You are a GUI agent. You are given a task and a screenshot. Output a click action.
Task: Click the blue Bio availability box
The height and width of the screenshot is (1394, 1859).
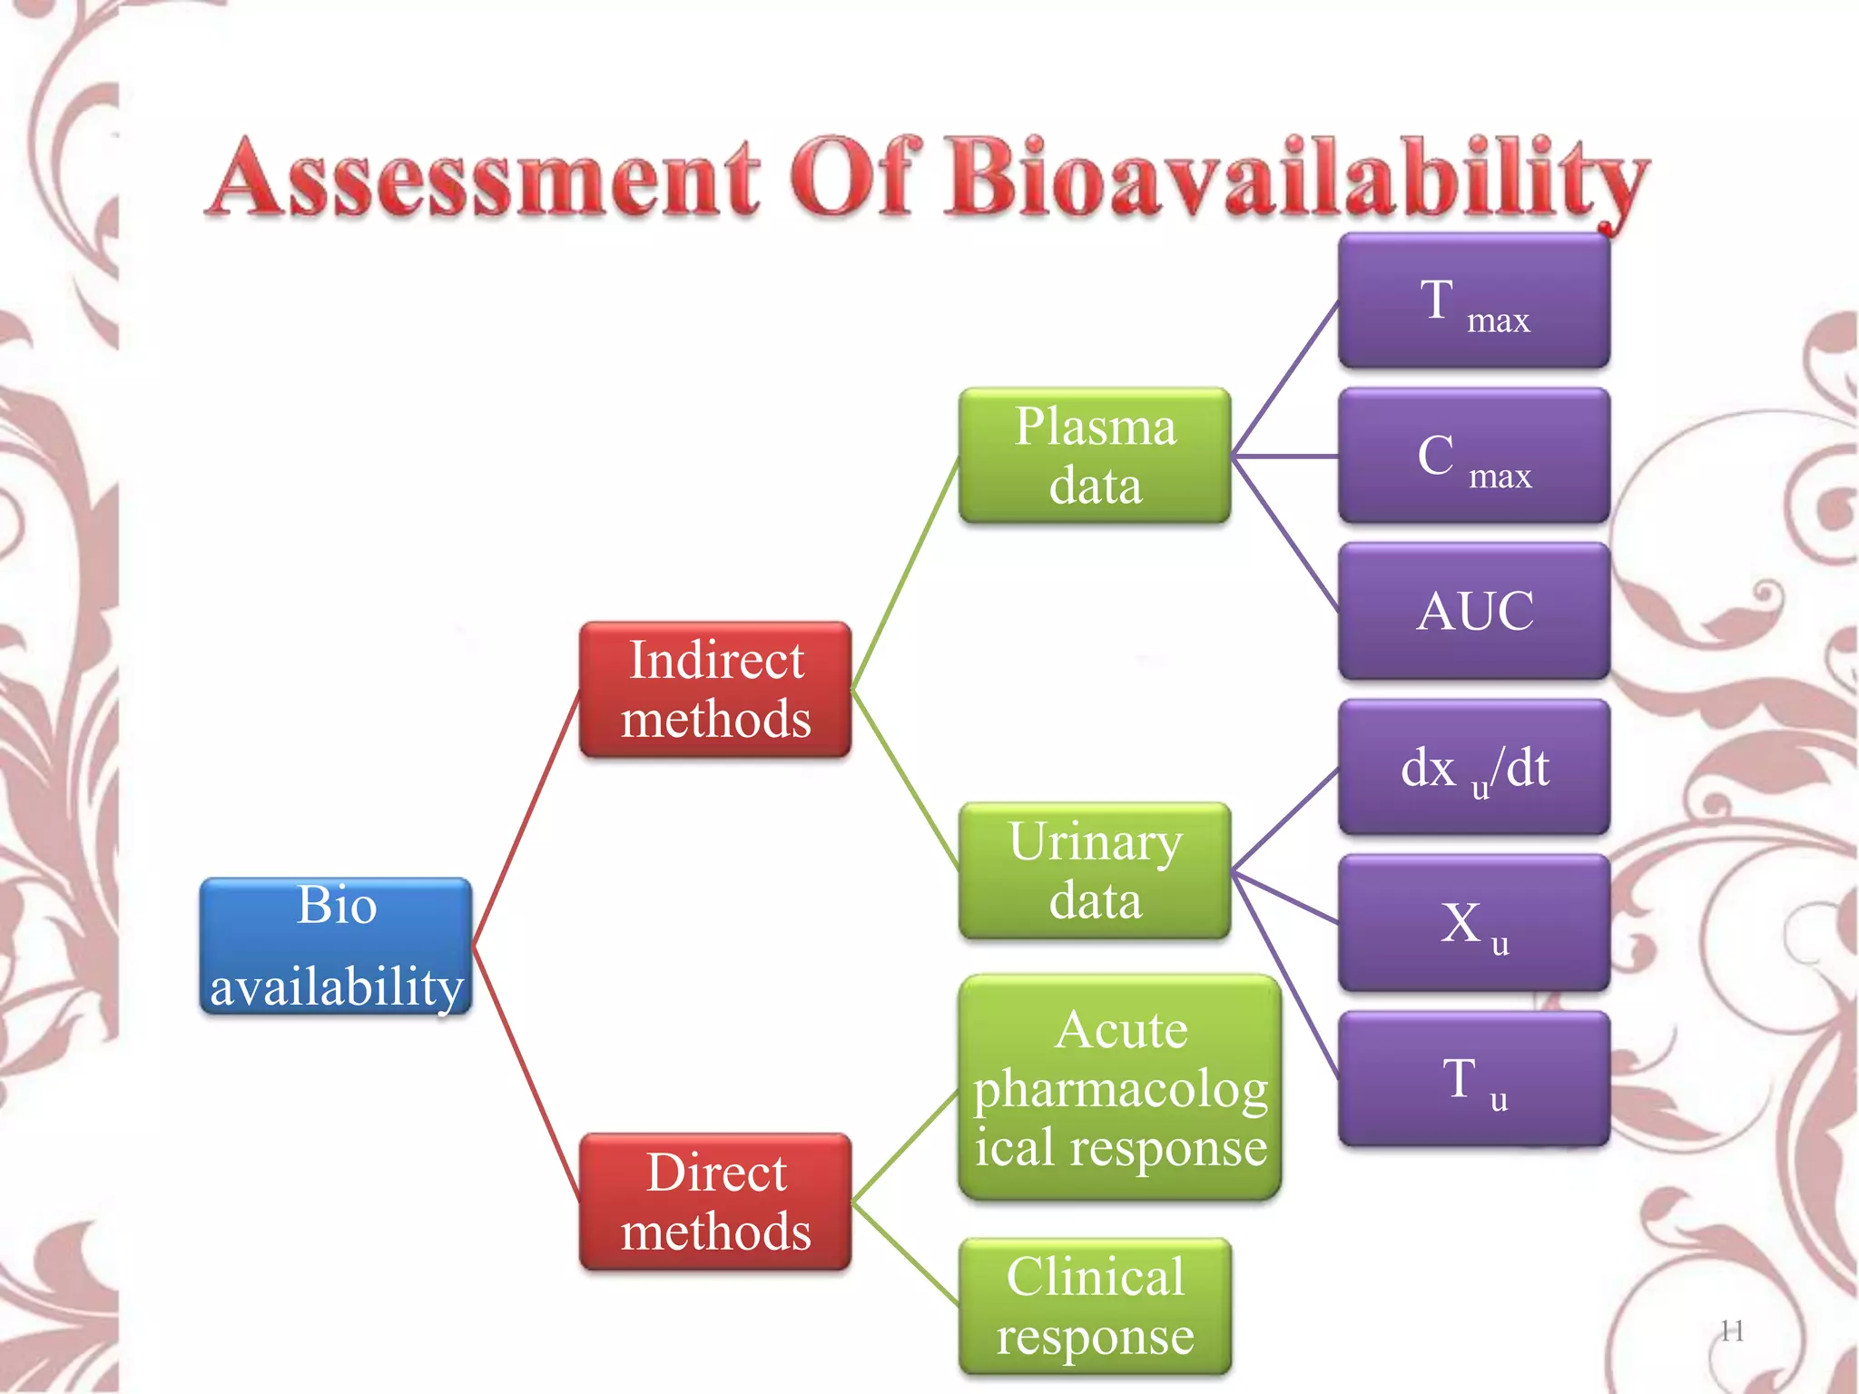(336, 946)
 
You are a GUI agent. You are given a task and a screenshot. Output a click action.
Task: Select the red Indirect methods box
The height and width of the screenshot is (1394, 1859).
(715, 690)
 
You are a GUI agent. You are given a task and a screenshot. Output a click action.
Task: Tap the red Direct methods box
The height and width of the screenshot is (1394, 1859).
(715, 1202)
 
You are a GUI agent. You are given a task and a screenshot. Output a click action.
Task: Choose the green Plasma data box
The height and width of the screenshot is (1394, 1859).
(1095, 456)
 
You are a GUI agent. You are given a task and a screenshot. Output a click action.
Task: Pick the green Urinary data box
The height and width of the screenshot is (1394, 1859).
(1095, 870)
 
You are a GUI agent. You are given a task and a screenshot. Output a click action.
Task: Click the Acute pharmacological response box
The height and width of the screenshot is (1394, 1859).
(1120, 1087)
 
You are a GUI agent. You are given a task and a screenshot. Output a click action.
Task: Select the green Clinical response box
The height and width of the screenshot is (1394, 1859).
(1095, 1306)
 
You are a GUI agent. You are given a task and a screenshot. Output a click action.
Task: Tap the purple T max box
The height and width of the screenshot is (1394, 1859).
(1474, 300)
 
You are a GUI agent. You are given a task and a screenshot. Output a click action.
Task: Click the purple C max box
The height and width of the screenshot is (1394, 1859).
(1474, 456)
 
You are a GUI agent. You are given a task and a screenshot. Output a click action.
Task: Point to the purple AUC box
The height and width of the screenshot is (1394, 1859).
(1474, 611)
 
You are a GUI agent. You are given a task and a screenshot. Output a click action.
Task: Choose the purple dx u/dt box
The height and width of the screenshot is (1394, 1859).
(1474, 768)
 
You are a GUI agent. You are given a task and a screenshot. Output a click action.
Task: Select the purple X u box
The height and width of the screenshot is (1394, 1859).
(1474, 923)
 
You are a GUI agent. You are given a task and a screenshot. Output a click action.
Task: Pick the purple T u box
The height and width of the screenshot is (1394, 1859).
(1474, 1079)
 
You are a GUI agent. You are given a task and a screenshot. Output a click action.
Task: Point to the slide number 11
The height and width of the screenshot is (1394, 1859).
(1732, 1330)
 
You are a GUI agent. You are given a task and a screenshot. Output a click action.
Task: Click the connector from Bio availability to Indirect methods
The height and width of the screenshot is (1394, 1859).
(526, 818)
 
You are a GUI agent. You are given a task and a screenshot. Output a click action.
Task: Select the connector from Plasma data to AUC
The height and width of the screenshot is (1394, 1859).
(1284, 533)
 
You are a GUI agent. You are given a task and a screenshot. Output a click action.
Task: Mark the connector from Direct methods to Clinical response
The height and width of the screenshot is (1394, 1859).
(906, 1254)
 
